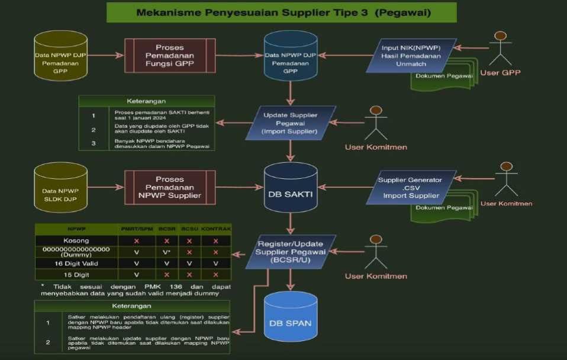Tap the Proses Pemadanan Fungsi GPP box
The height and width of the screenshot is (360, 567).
point(169,56)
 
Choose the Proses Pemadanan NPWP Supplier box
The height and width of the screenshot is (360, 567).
point(169,188)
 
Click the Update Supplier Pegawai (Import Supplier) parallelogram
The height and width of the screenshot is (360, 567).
point(290,123)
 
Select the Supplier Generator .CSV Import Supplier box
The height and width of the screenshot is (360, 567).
point(411,188)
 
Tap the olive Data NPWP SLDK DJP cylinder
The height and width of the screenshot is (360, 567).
point(60,188)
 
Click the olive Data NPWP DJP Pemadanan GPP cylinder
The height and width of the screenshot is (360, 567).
point(60,56)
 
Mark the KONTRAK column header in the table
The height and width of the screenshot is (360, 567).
point(215,229)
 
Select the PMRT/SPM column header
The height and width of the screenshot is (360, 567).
point(137,229)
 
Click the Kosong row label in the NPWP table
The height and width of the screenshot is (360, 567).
point(76,241)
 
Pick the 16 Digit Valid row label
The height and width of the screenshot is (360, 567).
point(76,263)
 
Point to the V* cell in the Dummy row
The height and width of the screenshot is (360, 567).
point(166,252)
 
